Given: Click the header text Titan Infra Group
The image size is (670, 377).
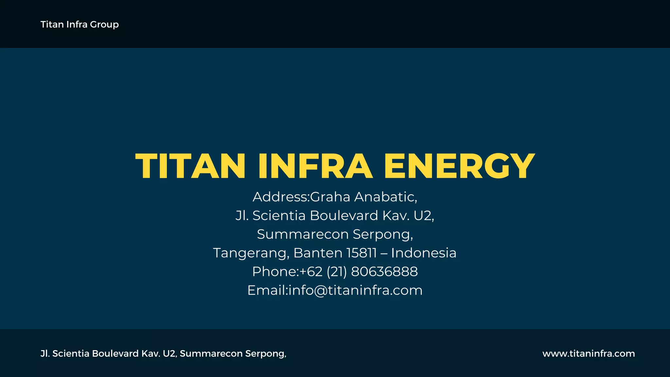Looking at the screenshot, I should coord(79,25).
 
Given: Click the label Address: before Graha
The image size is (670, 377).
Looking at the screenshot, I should coord(281,197).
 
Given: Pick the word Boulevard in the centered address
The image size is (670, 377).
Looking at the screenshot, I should coord(344,216).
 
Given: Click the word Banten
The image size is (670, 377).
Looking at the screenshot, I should coord(318,253).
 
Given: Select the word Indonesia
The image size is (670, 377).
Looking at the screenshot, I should coord(424,253).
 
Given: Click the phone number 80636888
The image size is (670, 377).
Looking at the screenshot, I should coord(384,272).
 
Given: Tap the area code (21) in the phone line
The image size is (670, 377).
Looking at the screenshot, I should coord(337,272).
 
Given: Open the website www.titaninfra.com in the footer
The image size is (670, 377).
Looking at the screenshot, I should coord(589,353).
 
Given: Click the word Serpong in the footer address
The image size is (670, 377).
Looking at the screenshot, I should coord(265,354).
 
